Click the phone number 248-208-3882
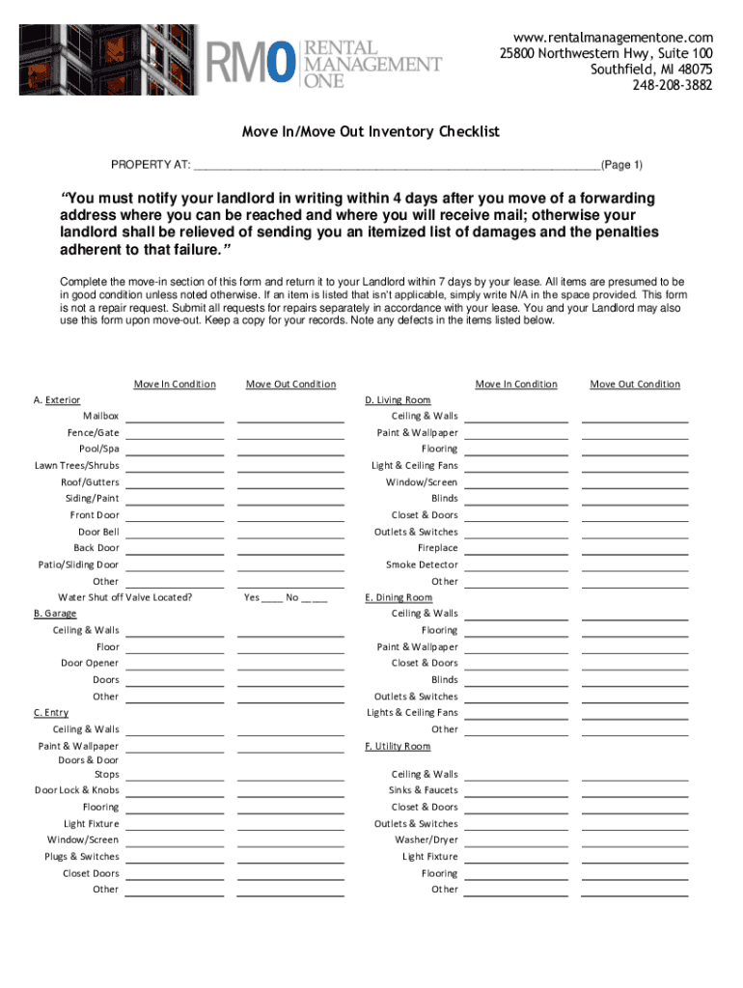673,85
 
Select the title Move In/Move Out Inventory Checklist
371,131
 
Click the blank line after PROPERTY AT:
396,165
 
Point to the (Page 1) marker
622,164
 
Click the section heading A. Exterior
57,399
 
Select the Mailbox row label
100,416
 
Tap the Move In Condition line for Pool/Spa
175,451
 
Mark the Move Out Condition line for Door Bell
290,534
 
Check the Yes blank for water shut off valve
271,598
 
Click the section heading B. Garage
55,614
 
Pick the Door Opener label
90,663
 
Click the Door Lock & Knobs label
77,790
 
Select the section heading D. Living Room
398,399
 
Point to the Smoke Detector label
422,564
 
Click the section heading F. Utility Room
398,746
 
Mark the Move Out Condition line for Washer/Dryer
634,841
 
